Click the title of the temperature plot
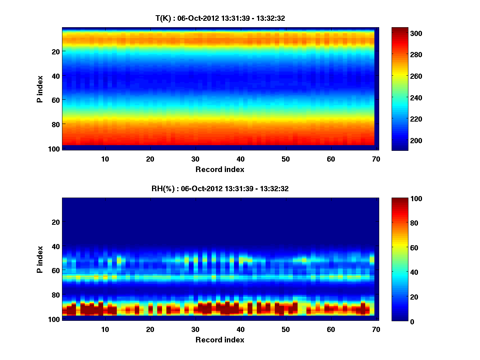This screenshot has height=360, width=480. click(x=220, y=18)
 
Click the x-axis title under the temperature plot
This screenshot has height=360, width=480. click(x=220, y=170)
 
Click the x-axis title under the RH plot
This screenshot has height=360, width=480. click(x=220, y=340)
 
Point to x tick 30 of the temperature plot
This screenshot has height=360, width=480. click(x=195, y=159)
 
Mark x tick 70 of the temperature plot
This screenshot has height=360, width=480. click(x=376, y=159)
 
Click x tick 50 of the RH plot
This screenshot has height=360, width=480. click(x=286, y=329)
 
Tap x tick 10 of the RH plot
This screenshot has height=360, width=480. click(x=105, y=329)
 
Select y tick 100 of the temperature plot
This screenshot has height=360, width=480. click(x=55, y=148)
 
